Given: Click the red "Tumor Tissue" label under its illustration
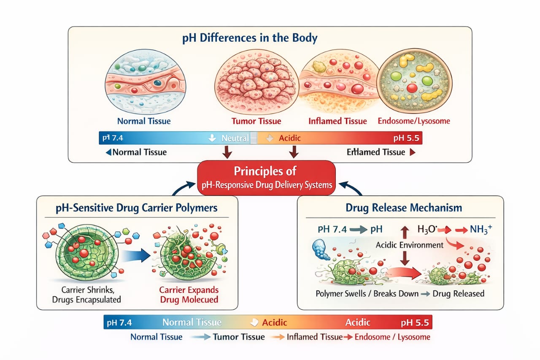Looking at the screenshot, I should pyautogui.click(x=256, y=121).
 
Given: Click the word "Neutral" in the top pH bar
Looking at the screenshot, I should pyautogui.click(x=235, y=138).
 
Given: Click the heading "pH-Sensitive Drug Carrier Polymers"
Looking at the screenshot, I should pyautogui.click(x=137, y=208).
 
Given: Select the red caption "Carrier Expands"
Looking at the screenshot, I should pyautogui.click(x=188, y=290).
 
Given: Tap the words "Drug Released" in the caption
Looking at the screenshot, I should pyautogui.click(x=459, y=293).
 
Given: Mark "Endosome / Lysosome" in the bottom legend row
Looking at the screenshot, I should pyautogui.click(x=392, y=337).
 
